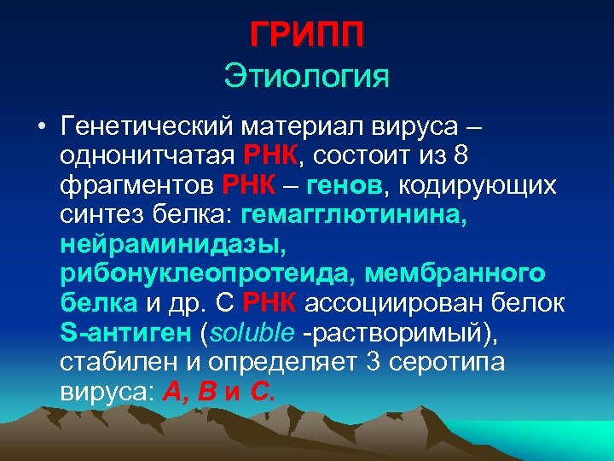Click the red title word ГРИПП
[307, 35]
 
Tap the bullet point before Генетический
[40, 129]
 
